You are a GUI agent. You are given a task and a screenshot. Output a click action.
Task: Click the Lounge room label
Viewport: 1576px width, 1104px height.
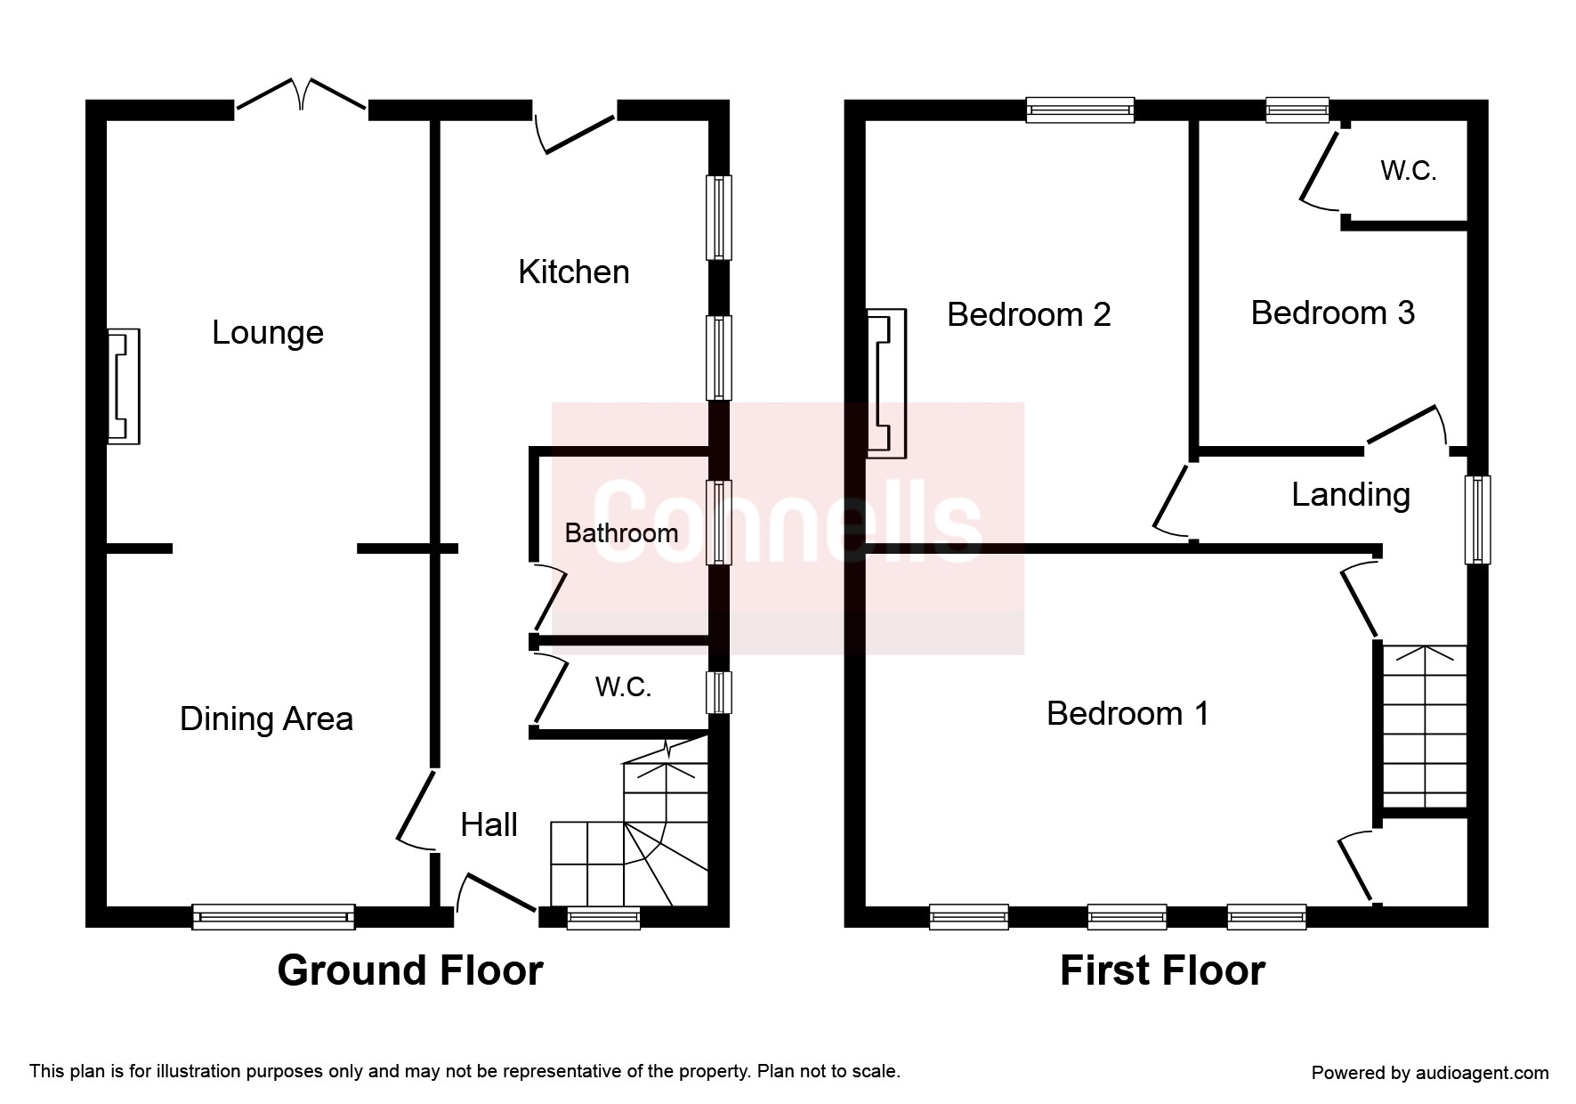pyautogui.click(x=268, y=333)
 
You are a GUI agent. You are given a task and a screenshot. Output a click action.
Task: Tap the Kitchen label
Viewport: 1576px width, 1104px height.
pyautogui.click(x=574, y=272)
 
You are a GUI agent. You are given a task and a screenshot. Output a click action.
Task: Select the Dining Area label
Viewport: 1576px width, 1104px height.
pyautogui.click(x=266, y=718)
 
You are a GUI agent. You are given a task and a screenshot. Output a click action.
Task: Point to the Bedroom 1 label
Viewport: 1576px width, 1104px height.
pyautogui.click(x=1127, y=713)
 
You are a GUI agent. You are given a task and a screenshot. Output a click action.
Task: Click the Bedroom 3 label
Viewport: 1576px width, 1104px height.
pyautogui.click(x=1332, y=313)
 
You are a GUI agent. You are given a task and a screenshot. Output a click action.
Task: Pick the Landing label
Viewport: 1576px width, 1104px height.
pyautogui.click(x=1351, y=495)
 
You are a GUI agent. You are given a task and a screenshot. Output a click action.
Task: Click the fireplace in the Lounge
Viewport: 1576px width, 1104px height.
pyautogui.click(x=124, y=386)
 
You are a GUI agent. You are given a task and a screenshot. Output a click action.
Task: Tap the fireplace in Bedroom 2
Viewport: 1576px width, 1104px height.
pyautogui.click(x=886, y=384)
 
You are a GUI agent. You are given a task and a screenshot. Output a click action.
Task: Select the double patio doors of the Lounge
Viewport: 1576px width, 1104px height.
pyautogui.click(x=302, y=94)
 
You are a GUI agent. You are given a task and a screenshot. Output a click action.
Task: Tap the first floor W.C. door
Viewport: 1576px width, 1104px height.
pyautogui.click(x=1320, y=170)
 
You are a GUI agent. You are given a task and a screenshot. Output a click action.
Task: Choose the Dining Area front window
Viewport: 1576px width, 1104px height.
pyautogui.click(x=274, y=917)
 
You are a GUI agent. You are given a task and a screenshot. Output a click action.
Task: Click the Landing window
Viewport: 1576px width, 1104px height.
pyautogui.click(x=1478, y=520)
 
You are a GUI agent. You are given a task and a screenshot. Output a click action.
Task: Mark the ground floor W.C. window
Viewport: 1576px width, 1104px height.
pyautogui.click(x=719, y=693)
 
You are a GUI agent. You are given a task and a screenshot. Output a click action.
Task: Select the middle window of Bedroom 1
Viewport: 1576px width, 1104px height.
pyautogui.click(x=1127, y=917)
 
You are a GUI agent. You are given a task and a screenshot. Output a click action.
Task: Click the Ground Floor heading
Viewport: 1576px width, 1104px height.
pyautogui.click(x=410, y=970)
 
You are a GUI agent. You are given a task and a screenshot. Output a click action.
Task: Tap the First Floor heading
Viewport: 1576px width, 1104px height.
pyautogui.click(x=1162, y=970)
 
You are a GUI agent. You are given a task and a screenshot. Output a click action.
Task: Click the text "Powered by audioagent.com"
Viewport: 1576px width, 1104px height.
pyautogui.click(x=1430, y=1073)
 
